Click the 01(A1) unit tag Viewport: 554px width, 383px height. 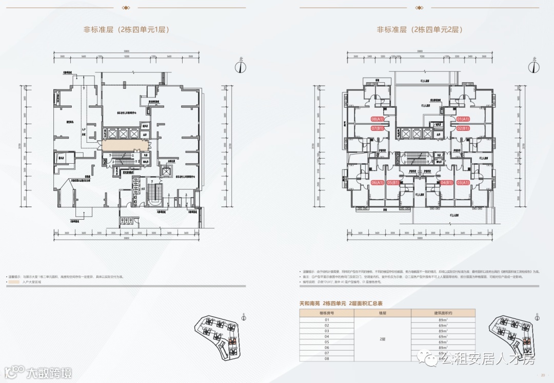click(x=463, y=119)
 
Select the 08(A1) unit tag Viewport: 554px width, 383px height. click(x=378, y=119)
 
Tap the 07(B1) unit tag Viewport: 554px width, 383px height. click(x=378, y=128)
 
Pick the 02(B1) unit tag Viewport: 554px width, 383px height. click(x=463, y=128)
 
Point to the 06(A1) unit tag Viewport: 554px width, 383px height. click(x=378, y=182)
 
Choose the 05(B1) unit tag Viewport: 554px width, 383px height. click(x=393, y=182)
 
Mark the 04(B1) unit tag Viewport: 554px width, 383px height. click(x=447, y=182)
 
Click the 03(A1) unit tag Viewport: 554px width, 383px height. click(x=463, y=182)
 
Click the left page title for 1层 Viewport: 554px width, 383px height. click(x=126, y=30)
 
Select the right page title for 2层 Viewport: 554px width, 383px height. click(x=420, y=30)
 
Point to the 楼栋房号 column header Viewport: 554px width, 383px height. click(x=326, y=312)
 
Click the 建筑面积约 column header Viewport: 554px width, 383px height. click(x=443, y=312)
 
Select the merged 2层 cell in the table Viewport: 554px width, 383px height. click(x=382, y=339)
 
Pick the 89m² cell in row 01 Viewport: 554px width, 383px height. click(x=443, y=320)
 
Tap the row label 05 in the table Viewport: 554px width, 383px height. click(x=326, y=342)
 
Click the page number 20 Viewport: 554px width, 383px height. click(x=543, y=375)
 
